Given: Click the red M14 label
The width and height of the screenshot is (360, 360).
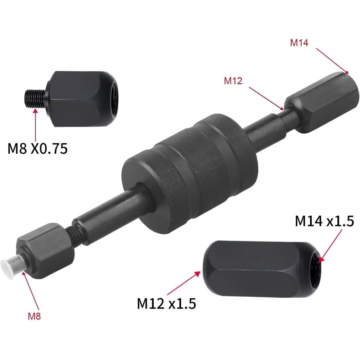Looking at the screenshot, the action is point(299,43).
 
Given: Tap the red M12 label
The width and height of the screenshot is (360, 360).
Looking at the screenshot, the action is point(233,81).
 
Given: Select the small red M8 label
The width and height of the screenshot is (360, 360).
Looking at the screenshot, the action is point(34,316).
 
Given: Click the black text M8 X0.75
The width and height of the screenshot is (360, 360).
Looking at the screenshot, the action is point(37,148).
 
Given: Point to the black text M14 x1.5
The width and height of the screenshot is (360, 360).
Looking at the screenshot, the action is point(324,221).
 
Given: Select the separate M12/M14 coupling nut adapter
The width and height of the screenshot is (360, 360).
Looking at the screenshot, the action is point(262,269).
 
